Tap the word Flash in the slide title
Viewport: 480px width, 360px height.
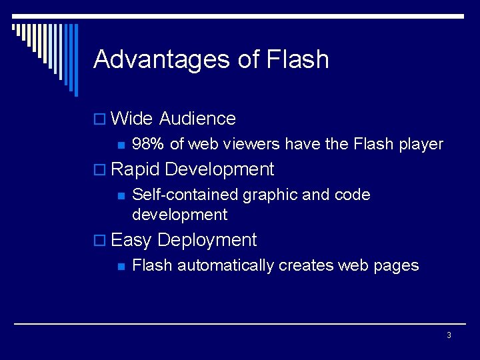point(297,59)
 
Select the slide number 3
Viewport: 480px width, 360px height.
point(449,335)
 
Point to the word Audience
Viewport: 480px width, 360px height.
point(197,119)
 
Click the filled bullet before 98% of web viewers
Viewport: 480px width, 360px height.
point(121,145)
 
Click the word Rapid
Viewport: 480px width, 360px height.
point(135,169)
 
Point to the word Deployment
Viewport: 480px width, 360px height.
point(207,240)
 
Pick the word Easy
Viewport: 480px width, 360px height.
point(131,240)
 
